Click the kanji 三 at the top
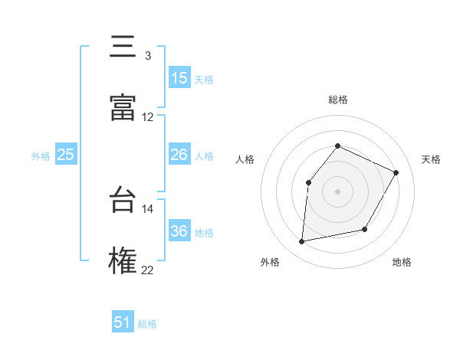(x=123, y=47)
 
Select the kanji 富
(x=123, y=108)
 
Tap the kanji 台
(x=123, y=201)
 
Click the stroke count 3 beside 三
(x=147, y=56)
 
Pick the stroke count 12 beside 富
(x=148, y=117)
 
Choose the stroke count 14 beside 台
(x=148, y=208)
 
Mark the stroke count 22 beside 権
(x=148, y=270)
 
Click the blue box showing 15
(x=179, y=78)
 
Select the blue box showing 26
(x=179, y=155)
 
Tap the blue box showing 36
(x=179, y=231)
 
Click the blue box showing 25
(x=66, y=155)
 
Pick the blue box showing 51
(x=123, y=322)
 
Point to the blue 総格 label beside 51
(x=147, y=324)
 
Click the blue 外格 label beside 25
(x=41, y=156)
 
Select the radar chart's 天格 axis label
(x=431, y=159)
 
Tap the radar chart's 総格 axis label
(x=338, y=100)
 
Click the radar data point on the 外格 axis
(x=302, y=242)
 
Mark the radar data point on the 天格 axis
(x=396, y=172)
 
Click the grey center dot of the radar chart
(x=338, y=191)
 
